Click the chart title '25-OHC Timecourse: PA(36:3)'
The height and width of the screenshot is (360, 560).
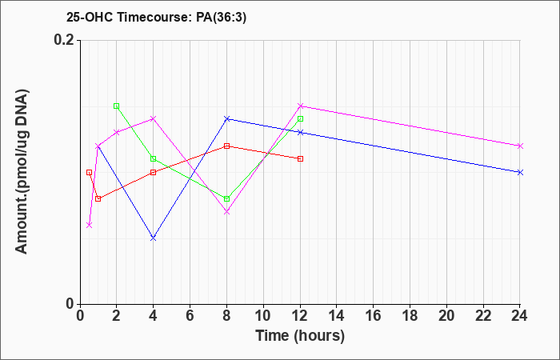pyautogui.click(x=157, y=17)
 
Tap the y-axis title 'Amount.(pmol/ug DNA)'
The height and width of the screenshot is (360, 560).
pyautogui.click(x=22, y=171)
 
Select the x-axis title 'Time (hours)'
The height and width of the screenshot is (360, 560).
pyautogui.click(x=300, y=336)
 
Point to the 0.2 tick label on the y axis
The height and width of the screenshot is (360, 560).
pyautogui.click(x=63, y=40)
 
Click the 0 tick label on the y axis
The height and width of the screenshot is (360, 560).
pyautogui.click(x=70, y=304)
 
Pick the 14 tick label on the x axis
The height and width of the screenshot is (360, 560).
pyautogui.click(x=337, y=316)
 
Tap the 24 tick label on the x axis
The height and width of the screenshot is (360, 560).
pyautogui.click(x=519, y=316)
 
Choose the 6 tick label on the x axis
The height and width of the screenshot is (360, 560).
pyautogui.click(x=190, y=316)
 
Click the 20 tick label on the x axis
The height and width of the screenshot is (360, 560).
pyautogui.click(x=446, y=316)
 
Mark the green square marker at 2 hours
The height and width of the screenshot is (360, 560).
pyautogui.click(x=117, y=106)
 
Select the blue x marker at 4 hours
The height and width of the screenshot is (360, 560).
pyautogui.click(x=154, y=238)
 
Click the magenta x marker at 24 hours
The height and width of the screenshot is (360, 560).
pyautogui.click(x=520, y=146)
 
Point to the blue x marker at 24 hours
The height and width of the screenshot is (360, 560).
pyautogui.click(x=520, y=172)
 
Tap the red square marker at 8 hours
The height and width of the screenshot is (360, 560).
pyautogui.click(x=226, y=146)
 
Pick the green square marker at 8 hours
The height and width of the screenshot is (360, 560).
pyautogui.click(x=226, y=198)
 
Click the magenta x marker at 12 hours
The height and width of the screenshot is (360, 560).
pyautogui.click(x=300, y=106)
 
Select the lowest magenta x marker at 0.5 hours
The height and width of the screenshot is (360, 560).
pyautogui.click(x=90, y=225)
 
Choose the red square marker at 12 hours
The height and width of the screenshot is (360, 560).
pyautogui.click(x=300, y=158)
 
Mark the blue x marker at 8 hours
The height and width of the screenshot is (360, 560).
pyautogui.click(x=226, y=118)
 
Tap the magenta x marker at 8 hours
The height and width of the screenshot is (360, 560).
pyautogui.click(x=226, y=212)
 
